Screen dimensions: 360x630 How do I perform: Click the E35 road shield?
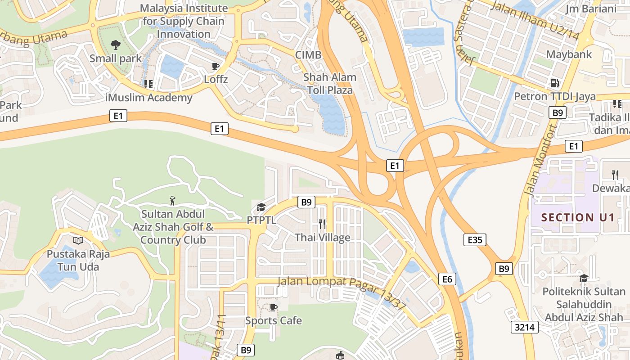475,240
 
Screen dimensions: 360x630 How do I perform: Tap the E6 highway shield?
447,279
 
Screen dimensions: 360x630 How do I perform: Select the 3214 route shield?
525,327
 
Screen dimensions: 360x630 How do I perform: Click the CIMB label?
308,55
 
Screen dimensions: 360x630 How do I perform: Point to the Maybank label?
569,54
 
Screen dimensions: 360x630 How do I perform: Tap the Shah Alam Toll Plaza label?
330,84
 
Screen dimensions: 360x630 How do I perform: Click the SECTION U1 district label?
578,217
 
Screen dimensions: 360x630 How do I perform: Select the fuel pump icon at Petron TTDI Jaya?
555,83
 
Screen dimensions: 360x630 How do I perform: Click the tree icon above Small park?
116,45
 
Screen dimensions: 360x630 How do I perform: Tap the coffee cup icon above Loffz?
216,67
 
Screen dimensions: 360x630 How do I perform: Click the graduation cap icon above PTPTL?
261,207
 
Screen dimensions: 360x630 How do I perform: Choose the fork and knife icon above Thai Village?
322,224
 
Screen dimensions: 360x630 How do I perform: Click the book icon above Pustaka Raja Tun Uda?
78,240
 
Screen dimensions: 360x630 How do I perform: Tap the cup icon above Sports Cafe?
273,307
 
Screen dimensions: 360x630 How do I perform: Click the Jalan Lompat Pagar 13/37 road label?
342,292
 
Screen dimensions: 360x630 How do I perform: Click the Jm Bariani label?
591,9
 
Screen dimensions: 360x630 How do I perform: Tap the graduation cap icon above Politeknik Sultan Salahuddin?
584,278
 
